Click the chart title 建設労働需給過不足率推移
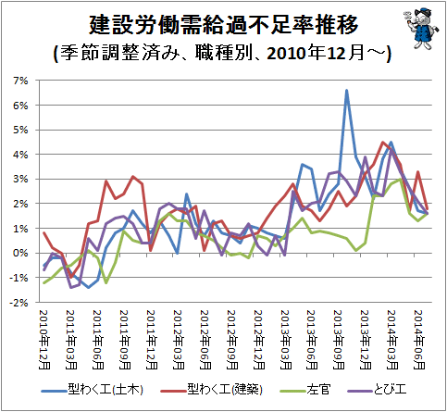pyautogui.click(x=223, y=24)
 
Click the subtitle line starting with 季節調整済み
pyautogui.click(x=223, y=54)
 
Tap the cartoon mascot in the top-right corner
pyautogui.click(x=421, y=29)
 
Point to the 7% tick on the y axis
pyautogui.click(x=20, y=81)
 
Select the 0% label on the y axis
pyautogui.click(x=20, y=253)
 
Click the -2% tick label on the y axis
pyautogui.click(x=19, y=303)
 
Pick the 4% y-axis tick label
pyautogui.click(x=20, y=155)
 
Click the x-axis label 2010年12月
pyautogui.click(x=44, y=340)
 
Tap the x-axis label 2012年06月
pyautogui.click(x=205, y=340)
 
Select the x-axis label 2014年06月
pyautogui.click(x=419, y=340)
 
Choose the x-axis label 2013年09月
pyautogui.click(x=339, y=340)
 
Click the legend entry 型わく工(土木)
pyautogui.click(x=93, y=390)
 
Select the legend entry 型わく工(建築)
pyautogui.click(x=212, y=390)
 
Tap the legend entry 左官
pyautogui.click(x=305, y=390)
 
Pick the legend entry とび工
pyautogui.click(x=377, y=390)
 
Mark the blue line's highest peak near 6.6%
pyautogui.click(x=347, y=91)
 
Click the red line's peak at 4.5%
pyautogui.click(x=383, y=143)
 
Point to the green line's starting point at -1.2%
pyautogui.click(x=44, y=282)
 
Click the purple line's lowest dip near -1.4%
pyautogui.click(x=71, y=288)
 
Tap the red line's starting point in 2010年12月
pyautogui.click(x=44, y=233)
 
